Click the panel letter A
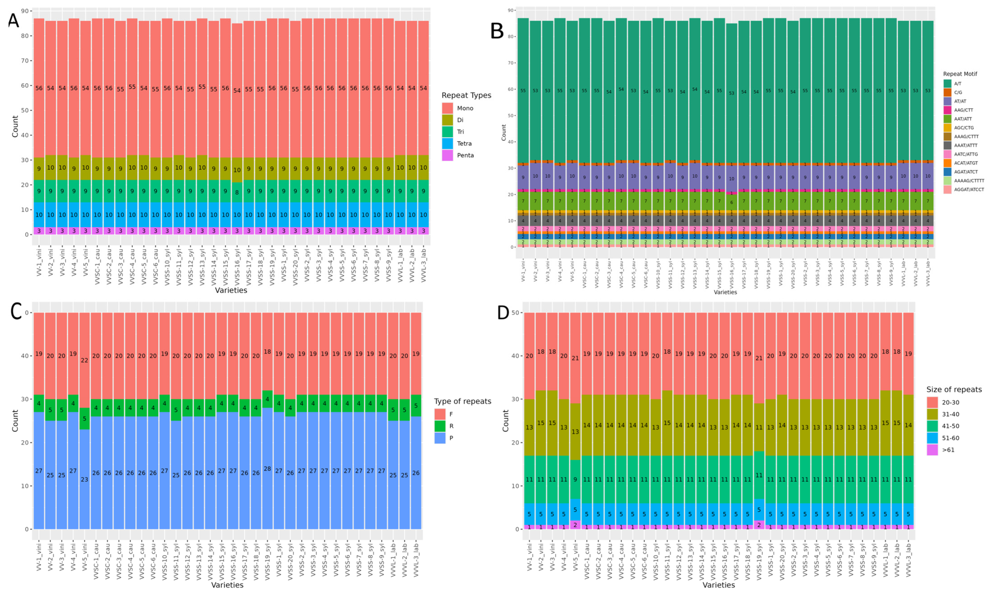click(x=14, y=20)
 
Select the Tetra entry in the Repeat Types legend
click(x=464, y=143)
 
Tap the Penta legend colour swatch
click(x=447, y=155)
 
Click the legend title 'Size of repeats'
click(x=954, y=389)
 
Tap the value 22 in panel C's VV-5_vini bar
click(x=85, y=360)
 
